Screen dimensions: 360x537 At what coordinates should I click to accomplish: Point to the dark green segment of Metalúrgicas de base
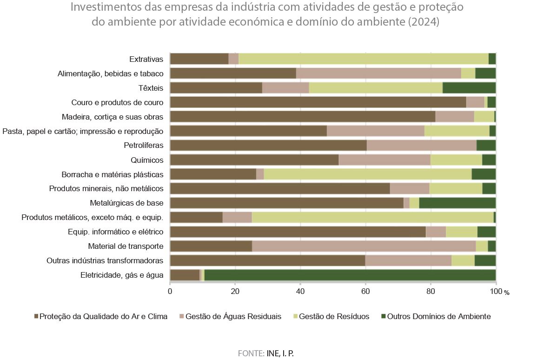457,203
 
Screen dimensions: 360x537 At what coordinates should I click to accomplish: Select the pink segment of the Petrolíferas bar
421,146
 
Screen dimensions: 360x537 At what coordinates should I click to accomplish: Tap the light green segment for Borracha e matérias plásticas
367,174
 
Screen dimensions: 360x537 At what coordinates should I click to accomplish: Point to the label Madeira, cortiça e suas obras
113,117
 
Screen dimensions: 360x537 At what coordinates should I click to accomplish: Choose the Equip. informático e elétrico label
116,232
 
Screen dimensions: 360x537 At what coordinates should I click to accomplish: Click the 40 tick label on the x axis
300,292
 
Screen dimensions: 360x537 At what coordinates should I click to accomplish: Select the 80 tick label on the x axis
431,292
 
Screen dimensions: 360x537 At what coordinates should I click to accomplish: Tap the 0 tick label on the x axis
170,292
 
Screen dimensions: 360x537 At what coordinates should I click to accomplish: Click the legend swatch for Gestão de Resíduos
294,317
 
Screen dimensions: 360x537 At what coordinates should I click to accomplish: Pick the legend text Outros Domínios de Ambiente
438,317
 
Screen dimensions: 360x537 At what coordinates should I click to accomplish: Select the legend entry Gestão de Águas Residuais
233,317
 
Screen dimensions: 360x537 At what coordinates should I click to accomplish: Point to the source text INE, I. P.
280,353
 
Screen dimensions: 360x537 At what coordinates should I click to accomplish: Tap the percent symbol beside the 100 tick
506,293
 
